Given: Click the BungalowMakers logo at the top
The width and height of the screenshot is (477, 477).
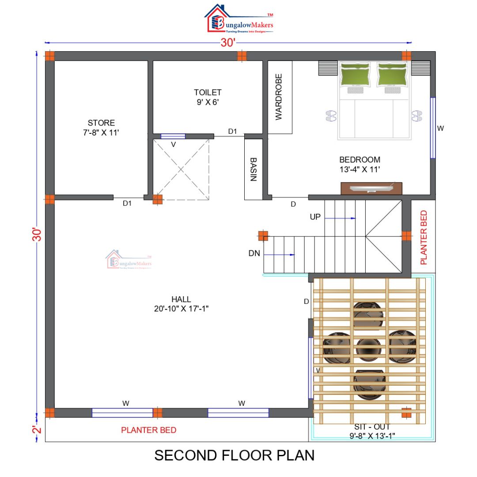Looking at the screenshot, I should [239, 20].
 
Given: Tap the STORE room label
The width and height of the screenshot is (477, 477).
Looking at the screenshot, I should [101, 128].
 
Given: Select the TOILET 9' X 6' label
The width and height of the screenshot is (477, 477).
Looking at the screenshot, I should [208, 97].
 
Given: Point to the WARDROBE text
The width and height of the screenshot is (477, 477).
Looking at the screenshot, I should [279, 97].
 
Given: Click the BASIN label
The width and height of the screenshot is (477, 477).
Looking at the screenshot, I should [254, 169].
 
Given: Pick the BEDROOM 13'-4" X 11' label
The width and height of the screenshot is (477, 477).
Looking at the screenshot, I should [360, 164].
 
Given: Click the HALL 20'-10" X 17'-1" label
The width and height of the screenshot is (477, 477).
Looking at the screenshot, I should [181, 304].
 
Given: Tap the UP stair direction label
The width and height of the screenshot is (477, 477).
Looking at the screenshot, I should [315, 217].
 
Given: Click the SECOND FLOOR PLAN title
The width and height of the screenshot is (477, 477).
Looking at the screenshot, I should [234, 455].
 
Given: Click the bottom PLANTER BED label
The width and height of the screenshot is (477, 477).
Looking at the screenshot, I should [149, 430].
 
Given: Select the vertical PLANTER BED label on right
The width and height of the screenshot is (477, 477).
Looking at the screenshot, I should [424, 237].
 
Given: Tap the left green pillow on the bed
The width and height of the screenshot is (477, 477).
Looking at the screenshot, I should [355, 74].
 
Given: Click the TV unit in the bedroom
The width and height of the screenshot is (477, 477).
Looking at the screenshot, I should [371, 188].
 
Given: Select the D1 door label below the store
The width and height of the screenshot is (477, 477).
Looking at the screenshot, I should [127, 203].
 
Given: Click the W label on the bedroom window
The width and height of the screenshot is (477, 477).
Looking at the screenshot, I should [440, 128].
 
